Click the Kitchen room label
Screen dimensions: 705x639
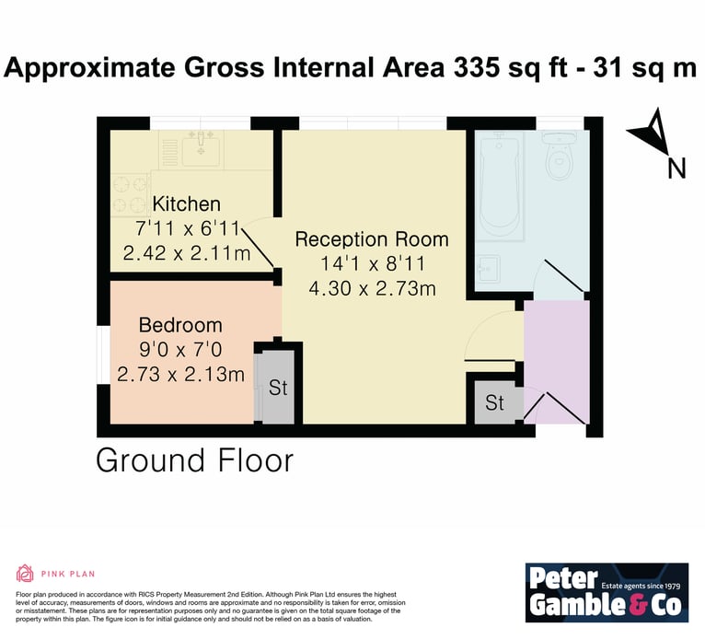click(x=186, y=204)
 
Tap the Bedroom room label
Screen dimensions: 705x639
click(x=180, y=325)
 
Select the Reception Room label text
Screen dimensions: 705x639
click(x=372, y=239)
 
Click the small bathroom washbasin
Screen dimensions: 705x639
click(x=488, y=269)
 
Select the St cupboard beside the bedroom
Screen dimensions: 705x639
click(x=278, y=388)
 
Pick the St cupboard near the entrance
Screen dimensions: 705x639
click(x=494, y=402)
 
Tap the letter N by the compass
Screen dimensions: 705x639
click(x=676, y=169)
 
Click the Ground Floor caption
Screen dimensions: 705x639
click(x=195, y=461)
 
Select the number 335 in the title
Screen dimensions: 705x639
click(x=477, y=68)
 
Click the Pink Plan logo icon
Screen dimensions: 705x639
click(x=25, y=574)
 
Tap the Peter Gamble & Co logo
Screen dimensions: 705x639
click(x=607, y=592)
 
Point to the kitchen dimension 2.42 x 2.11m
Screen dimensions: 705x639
click(x=187, y=253)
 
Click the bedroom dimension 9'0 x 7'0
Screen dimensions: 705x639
click(x=180, y=349)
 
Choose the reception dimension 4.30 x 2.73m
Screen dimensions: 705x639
click(x=372, y=288)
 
